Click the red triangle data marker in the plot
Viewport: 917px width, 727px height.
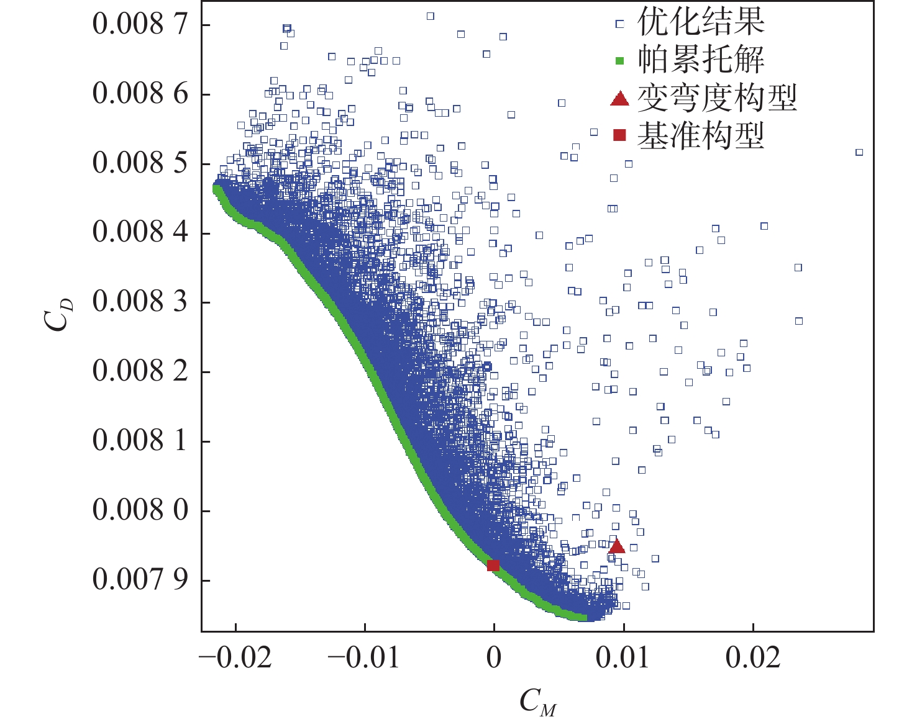click(x=616, y=546)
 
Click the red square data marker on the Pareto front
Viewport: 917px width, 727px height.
click(x=493, y=566)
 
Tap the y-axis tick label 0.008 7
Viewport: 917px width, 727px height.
click(x=140, y=24)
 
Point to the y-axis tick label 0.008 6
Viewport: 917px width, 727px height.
click(x=140, y=94)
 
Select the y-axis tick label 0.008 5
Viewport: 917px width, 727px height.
click(x=140, y=163)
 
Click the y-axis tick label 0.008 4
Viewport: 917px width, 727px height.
click(x=140, y=233)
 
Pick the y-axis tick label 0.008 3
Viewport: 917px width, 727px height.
click(x=140, y=302)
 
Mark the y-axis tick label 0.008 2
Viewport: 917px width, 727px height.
click(x=140, y=372)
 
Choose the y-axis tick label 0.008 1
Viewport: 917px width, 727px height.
click(x=140, y=441)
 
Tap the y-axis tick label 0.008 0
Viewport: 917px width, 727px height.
click(x=140, y=510)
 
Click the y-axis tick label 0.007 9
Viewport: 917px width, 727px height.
click(x=140, y=580)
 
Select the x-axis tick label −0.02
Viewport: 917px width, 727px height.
click(x=236, y=657)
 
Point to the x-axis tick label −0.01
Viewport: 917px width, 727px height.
click(x=364, y=657)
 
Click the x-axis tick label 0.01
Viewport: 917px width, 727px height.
click(x=623, y=657)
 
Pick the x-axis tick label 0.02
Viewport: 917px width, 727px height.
click(x=752, y=657)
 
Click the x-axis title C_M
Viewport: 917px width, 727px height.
click(x=537, y=702)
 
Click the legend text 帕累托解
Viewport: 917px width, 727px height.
click(x=701, y=60)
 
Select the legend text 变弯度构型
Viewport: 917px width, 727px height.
click(x=717, y=98)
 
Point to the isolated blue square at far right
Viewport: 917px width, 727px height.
click(x=859, y=152)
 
